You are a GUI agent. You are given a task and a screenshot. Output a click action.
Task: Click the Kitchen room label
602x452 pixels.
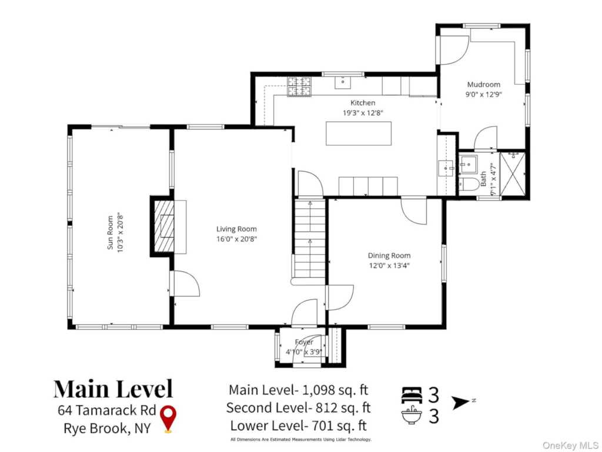363,102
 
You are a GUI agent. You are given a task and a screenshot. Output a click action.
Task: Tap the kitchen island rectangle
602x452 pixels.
359,134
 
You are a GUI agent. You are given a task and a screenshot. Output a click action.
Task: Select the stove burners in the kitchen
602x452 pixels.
299,87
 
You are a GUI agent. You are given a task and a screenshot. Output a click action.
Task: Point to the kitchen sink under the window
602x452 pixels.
343,82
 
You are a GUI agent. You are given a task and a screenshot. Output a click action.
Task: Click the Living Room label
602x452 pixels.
236,229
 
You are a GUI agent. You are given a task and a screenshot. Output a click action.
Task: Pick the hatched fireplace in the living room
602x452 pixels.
164,226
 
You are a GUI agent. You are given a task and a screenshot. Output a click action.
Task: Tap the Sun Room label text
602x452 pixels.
110,232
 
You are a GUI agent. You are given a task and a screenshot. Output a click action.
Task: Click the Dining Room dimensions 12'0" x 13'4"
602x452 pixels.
389,265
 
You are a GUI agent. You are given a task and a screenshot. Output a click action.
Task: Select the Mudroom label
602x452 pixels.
484,85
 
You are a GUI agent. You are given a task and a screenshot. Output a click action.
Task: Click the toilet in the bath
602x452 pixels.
469,184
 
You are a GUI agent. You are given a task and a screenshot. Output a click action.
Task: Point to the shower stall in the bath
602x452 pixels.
512,174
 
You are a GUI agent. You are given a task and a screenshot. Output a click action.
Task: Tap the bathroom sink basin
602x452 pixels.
469,164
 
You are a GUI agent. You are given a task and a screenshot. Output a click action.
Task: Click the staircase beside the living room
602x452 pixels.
310,238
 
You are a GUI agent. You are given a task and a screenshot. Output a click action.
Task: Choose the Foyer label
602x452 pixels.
304,342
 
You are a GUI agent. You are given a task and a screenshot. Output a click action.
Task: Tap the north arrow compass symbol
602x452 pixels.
460,403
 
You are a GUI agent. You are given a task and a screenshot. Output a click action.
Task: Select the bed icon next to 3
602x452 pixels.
412,395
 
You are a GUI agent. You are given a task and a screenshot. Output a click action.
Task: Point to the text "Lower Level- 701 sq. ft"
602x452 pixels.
298,426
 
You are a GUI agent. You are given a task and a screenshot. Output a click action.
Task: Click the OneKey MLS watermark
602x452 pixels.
570,446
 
